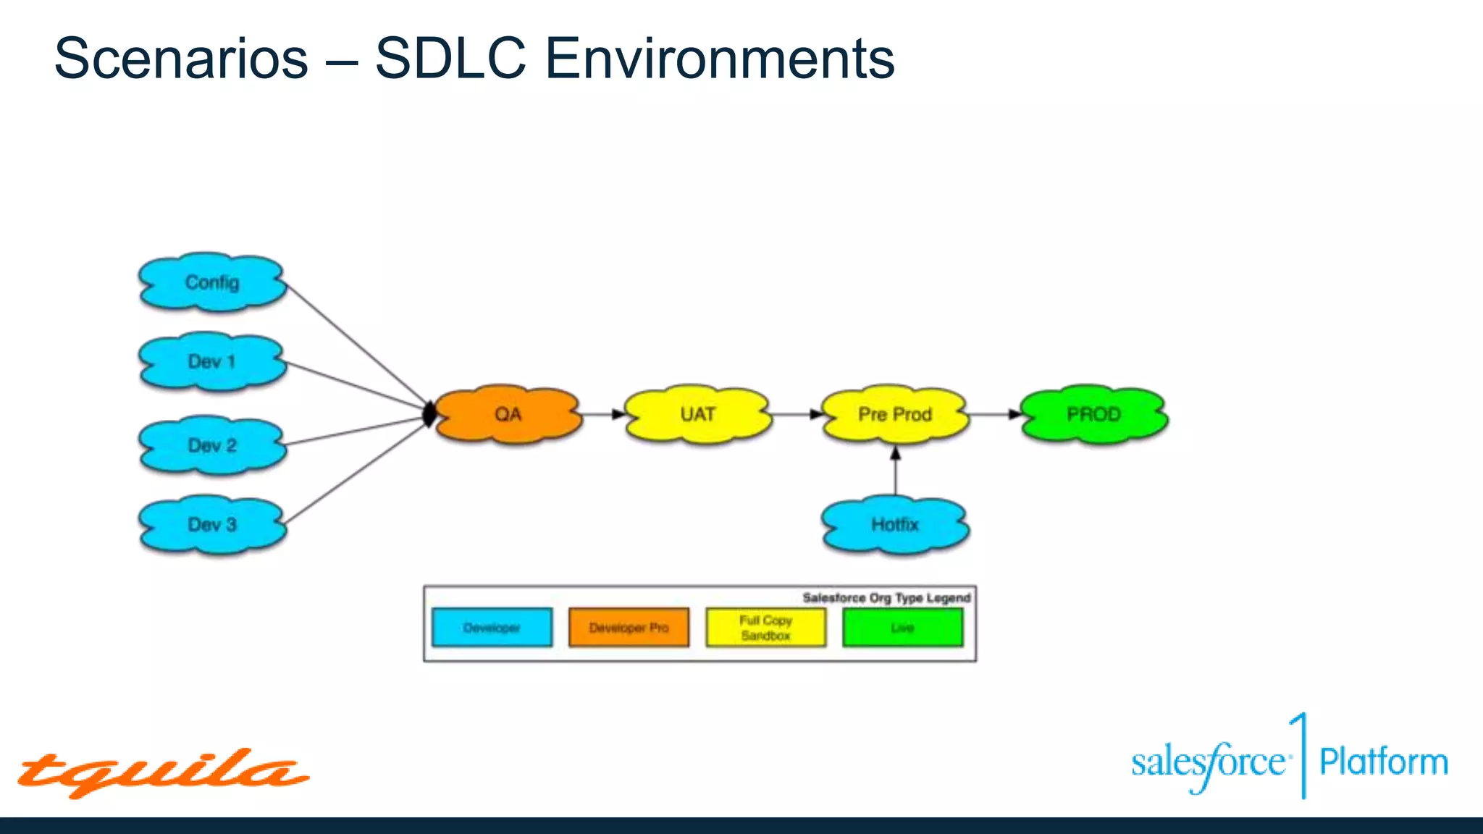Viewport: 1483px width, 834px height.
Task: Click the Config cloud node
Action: (212, 282)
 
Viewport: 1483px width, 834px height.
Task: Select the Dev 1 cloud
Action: (212, 362)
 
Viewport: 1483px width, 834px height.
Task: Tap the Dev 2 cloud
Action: (212, 445)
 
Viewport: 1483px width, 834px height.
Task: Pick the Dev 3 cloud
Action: (212, 525)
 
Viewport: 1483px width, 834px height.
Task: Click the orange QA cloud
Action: (508, 414)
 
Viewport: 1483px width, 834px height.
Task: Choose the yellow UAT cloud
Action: (697, 414)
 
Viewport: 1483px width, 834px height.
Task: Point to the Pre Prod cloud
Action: (895, 414)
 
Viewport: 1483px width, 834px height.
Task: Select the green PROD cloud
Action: (1093, 414)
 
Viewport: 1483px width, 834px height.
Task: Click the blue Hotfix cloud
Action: (895, 525)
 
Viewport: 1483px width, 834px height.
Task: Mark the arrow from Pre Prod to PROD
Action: (993, 414)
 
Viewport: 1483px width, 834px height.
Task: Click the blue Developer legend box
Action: (492, 628)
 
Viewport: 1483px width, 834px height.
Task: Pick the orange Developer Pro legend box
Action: (629, 628)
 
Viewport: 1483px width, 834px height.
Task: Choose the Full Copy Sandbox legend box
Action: (765, 628)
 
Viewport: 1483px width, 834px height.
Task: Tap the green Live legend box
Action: (902, 628)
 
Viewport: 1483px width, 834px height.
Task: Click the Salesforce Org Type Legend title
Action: (886, 598)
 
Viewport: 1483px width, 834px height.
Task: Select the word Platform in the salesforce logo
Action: (1383, 762)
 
